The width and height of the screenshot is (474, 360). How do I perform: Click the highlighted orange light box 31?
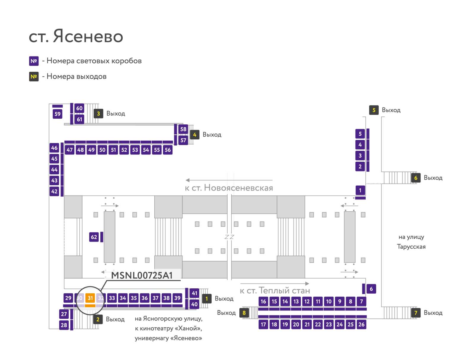(90, 298)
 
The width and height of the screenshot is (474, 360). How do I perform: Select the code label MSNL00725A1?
(142, 275)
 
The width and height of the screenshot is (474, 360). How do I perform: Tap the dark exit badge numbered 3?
(98, 113)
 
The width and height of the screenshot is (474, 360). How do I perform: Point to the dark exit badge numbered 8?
(244, 313)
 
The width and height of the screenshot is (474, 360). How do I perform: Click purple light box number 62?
(94, 237)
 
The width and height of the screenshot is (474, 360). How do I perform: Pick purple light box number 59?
(57, 114)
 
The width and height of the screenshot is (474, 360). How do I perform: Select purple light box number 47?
(70, 150)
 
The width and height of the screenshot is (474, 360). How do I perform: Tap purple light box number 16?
(263, 301)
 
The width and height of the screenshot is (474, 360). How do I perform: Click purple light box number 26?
(361, 324)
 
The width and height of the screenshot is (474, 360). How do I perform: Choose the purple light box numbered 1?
(360, 190)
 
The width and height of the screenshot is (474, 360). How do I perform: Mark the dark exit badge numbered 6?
(416, 178)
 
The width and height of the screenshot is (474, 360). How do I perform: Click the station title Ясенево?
(88, 36)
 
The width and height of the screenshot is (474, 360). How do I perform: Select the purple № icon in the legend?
(34, 61)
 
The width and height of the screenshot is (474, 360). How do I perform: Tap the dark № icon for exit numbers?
(34, 77)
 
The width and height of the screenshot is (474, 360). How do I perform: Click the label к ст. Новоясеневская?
(229, 188)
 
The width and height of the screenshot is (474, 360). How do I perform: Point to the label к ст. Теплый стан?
(275, 290)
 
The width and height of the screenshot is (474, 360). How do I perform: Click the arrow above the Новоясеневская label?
(229, 180)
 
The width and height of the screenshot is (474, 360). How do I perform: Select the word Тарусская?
(411, 247)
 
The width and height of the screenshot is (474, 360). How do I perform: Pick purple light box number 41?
(195, 293)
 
